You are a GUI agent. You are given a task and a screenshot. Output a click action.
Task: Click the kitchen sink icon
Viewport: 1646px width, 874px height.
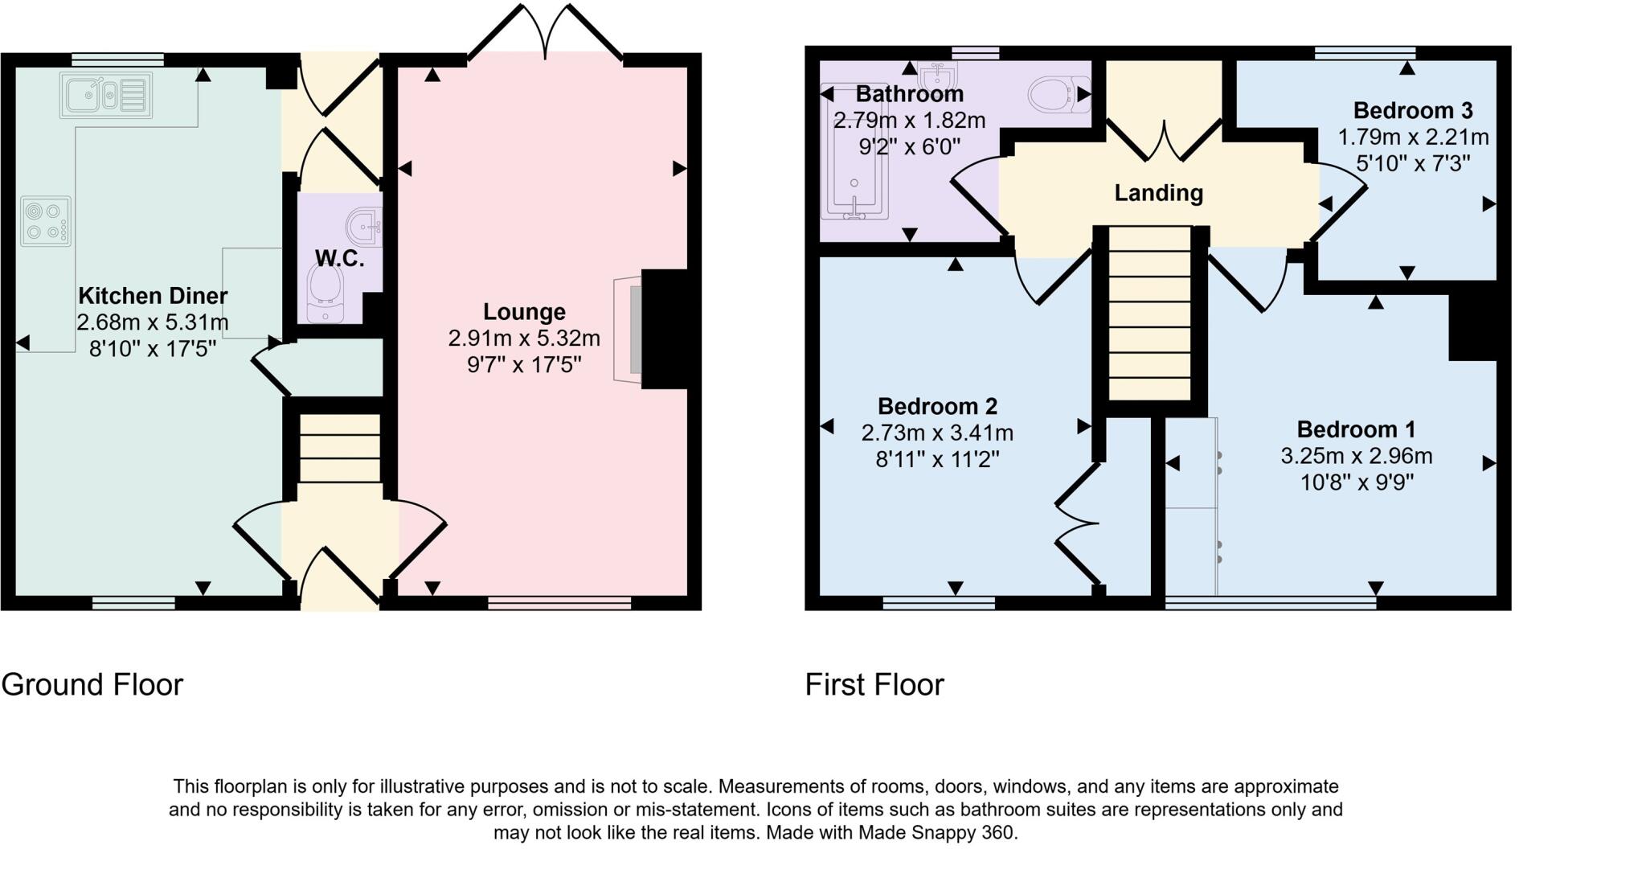[x=105, y=96]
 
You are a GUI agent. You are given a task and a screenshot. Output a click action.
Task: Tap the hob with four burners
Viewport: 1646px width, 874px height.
[x=46, y=222]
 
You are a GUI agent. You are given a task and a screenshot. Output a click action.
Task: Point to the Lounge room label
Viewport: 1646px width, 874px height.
[x=524, y=312]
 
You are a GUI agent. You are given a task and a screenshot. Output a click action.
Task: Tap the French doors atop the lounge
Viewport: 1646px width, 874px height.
[x=546, y=32]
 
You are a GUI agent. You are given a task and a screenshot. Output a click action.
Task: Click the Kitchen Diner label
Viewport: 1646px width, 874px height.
[x=153, y=296]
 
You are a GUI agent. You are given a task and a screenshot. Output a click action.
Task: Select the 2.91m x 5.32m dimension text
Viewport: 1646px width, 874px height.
[x=524, y=339]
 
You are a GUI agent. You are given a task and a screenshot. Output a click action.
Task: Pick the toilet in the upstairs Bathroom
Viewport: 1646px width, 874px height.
[x=1056, y=95]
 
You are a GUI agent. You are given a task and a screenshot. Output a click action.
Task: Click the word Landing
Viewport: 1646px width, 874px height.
[x=1158, y=193]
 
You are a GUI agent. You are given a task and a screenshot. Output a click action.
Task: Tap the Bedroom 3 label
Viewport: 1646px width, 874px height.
[x=1413, y=110]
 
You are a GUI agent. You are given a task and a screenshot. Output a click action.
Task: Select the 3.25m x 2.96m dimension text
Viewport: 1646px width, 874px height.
[x=1356, y=456]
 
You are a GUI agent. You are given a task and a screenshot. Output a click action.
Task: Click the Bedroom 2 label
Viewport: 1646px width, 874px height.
[x=937, y=406]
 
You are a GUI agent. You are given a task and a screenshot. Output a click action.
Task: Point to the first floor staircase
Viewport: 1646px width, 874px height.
[x=1149, y=314]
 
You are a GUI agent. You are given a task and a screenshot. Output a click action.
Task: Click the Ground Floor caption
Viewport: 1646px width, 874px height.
[x=92, y=685]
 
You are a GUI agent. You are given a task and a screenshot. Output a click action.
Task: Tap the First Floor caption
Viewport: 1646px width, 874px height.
[x=874, y=685]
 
